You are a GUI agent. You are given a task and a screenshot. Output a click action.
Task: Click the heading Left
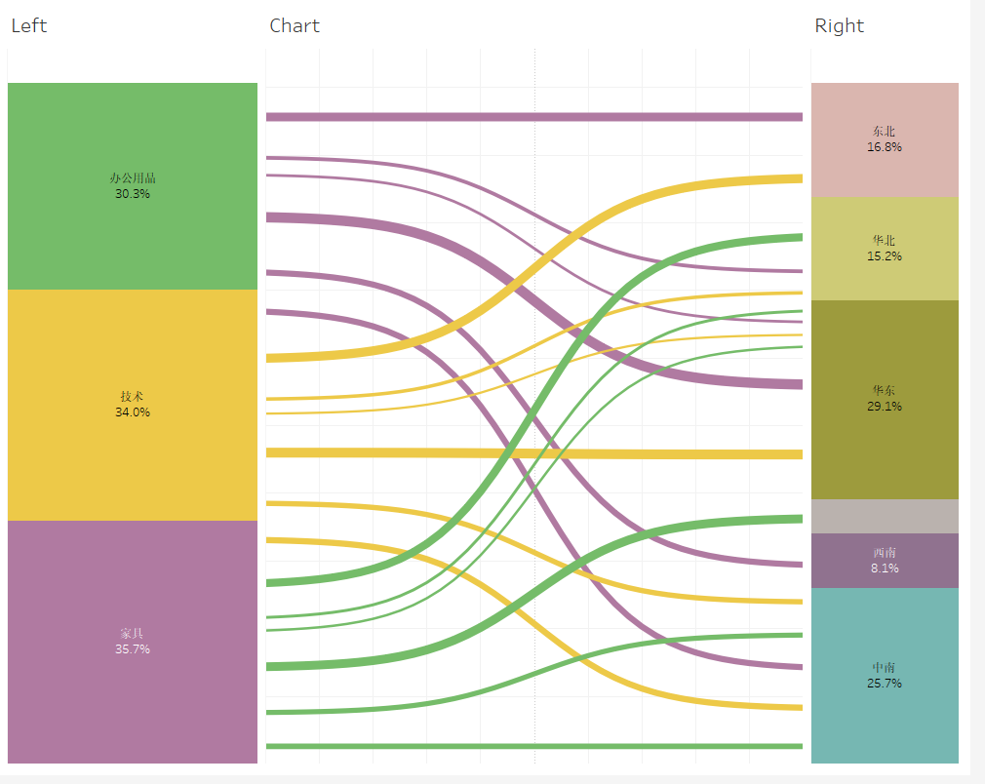click(x=28, y=26)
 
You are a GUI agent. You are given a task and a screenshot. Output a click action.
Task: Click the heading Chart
click(x=294, y=26)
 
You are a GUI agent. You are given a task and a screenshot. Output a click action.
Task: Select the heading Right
click(x=839, y=26)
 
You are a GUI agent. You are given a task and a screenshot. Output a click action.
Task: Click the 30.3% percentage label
click(x=133, y=194)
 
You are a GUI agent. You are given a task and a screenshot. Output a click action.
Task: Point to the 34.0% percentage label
click(x=133, y=412)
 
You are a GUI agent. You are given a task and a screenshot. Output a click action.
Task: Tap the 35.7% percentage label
click(x=133, y=649)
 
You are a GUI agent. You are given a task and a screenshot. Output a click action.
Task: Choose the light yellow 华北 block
click(x=885, y=278)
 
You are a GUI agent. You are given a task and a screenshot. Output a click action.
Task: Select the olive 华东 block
click(x=885, y=449)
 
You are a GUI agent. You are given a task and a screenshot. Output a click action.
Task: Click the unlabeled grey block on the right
click(x=885, y=516)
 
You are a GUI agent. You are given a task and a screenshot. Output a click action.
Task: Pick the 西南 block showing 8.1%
click(x=885, y=560)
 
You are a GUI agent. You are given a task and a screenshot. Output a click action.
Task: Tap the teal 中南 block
click(x=885, y=722)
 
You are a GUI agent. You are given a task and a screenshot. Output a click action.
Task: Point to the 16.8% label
click(x=885, y=147)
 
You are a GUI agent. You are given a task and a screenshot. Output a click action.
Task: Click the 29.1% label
click(x=885, y=407)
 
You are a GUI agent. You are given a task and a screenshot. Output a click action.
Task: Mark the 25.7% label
click(x=885, y=684)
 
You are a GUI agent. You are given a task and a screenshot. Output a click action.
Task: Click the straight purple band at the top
click(x=534, y=117)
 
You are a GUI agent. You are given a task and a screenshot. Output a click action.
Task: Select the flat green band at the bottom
click(x=534, y=746)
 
